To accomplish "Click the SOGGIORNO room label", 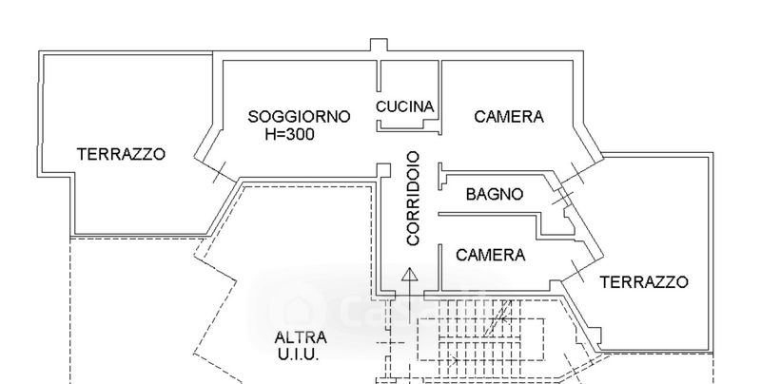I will (299, 117).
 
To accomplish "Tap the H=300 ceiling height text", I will (289, 134).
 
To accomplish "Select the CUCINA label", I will (405, 106).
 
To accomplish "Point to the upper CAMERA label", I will (509, 117).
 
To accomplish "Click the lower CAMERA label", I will (490, 255).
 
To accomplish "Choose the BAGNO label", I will (494, 195).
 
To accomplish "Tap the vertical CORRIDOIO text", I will (412, 199).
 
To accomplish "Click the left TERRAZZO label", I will (121, 153).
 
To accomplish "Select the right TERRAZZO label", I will (644, 281).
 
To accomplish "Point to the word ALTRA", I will (301, 337).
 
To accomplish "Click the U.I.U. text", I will (299, 355).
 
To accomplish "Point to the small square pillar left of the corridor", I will (383, 171).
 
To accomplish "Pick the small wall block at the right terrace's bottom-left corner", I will (596, 333).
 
